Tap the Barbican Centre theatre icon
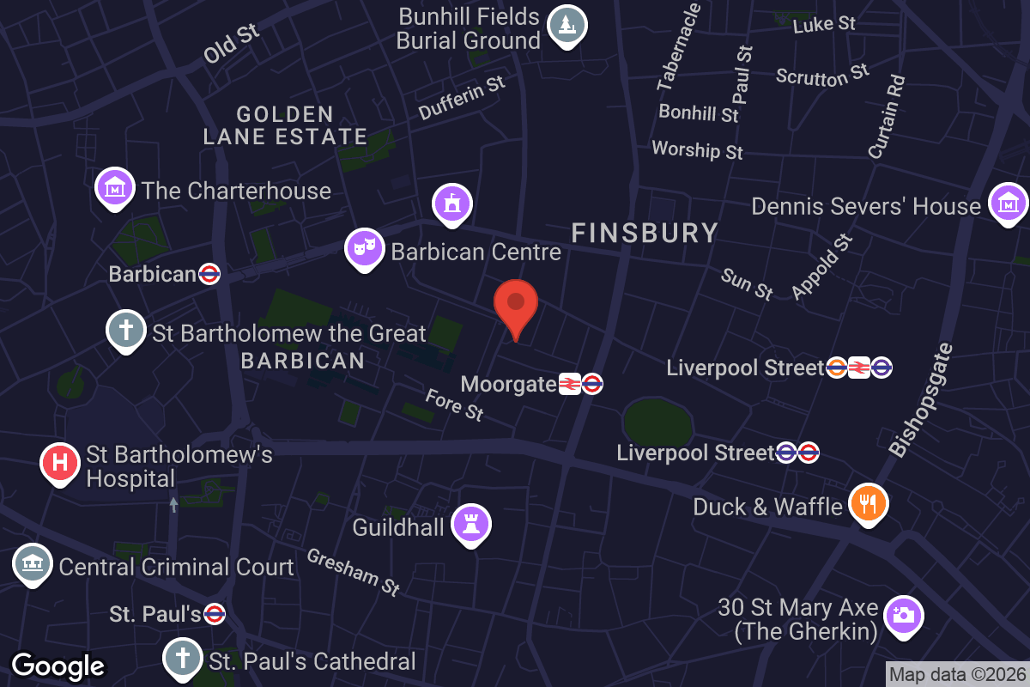click(364, 248)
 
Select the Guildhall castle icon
click(470, 523)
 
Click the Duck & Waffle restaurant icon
click(868, 504)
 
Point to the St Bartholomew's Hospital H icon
click(60, 462)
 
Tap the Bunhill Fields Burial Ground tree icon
click(566, 25)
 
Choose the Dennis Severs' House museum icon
click(1008, 204)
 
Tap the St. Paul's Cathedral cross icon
click(183, 659)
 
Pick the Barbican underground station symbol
click(209, 274)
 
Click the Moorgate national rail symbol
click(569, 384)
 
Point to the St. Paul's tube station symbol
click(215, 614)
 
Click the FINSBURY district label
click(645, 233)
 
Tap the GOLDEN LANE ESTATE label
click(285, 125)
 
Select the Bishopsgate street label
click(920, 400)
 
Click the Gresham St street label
click(354, 572)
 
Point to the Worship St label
click(697, 149)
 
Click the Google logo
click(58, 666)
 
